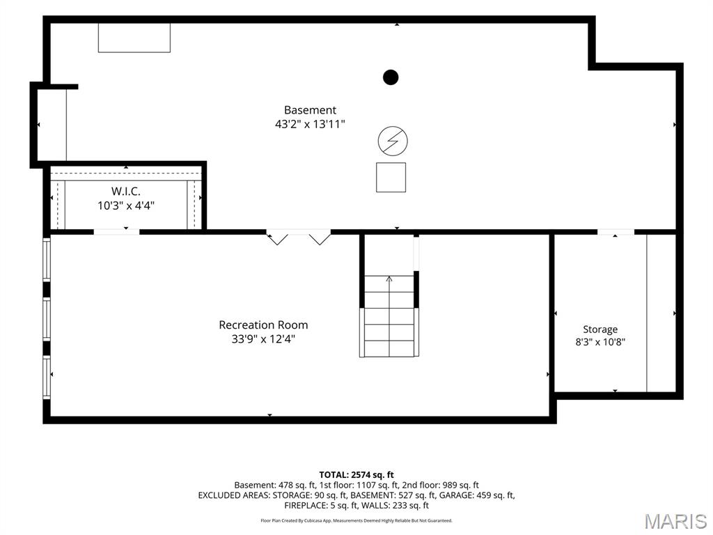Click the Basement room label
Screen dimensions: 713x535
pyautogui.click(x=310, y=110)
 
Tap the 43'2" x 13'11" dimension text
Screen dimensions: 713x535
pyautogui.click(x=310, y=124)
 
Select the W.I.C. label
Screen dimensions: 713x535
pyautogui.click(x=126, y=192)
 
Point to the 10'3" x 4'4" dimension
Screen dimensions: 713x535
pyautogui.click(x=126, y=206)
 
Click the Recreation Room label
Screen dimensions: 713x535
pyautogui.click(x=263, y=325)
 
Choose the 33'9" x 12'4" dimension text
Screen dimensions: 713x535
pyautogui.click(x=263, y=339)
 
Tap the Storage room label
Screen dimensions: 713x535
pyautogui.click(x=600, y=329)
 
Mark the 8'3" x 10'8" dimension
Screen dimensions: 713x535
pyautogui.click(x=600, y=342)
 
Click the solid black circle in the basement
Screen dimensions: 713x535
pyautogui.click(x=391, y=77)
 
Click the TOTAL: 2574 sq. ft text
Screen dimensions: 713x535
pyautogui.click(x=356, y=475)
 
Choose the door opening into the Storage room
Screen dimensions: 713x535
pyautogui.click(x=616, y=232)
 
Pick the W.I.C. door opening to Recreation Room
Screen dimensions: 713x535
pyautogui.click(x=116, y=232)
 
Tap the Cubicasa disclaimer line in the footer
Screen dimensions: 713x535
pyautogui.click(x=356, y=520)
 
